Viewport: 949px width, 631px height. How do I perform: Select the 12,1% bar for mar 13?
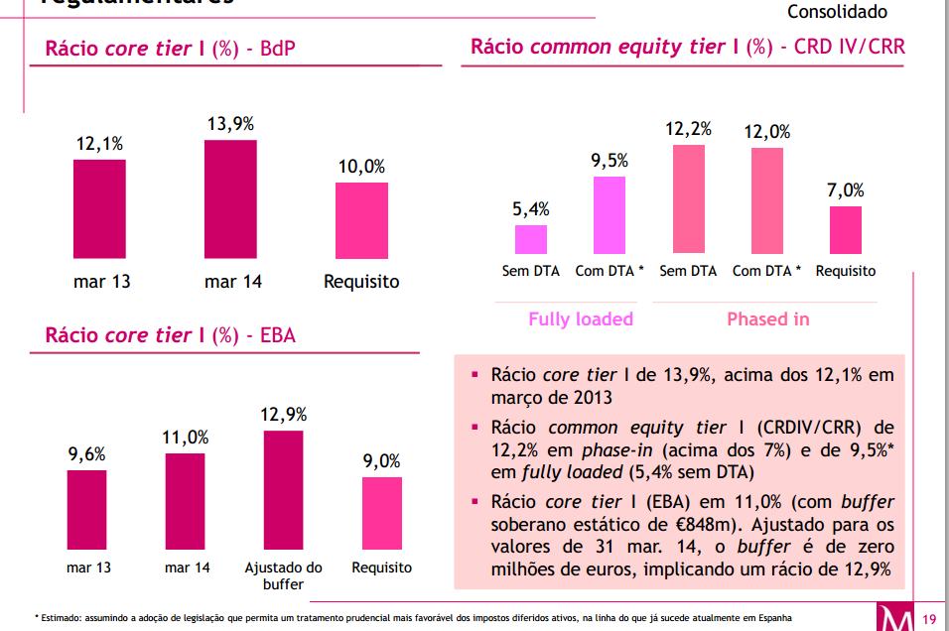tap(99, 209)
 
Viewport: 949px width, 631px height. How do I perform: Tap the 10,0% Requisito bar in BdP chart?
tap(361, 221)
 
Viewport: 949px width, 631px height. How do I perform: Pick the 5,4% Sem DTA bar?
tap(531, 239)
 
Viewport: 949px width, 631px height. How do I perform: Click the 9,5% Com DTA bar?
tap(610, 215)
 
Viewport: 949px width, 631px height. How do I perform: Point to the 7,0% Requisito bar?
tap(846, 230)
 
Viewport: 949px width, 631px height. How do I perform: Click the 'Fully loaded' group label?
tap(581, 319)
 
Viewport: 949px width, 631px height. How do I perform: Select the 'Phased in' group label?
tap(768, 319)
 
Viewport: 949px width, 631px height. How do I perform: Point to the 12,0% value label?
tap(768, 131)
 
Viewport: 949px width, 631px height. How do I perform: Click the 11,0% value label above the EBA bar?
tap(186, 438)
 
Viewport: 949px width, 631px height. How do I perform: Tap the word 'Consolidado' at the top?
tap(837, 12)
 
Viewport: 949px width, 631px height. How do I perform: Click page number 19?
tap(930, 620)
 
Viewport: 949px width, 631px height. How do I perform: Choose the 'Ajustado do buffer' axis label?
tap(284, 575)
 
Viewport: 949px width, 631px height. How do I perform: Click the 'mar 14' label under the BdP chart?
tap(233, 282)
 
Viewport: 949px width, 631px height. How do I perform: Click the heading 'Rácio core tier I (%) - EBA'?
tap(171, 335)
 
